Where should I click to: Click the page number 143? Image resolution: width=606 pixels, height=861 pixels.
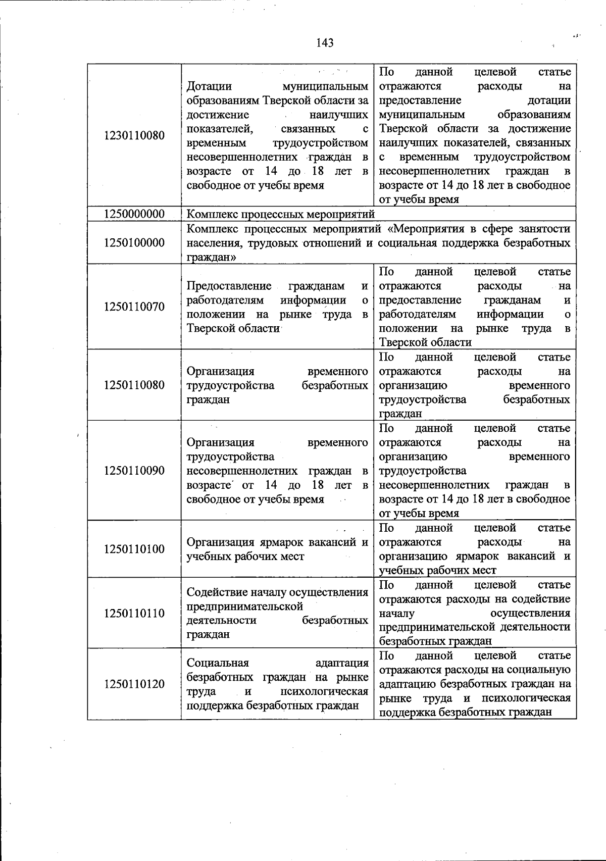(325, 43)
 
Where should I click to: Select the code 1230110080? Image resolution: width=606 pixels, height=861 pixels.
(134, 136)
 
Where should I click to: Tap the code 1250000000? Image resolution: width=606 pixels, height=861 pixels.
(134, 214)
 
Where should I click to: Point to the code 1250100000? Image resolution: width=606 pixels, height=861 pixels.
(134, 243)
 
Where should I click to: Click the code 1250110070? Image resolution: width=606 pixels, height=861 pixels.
(134, 307)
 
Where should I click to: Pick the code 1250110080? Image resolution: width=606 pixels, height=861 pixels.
(134, 385)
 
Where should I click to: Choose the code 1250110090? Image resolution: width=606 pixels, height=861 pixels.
(134, 471)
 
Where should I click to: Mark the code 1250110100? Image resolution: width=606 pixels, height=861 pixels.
(134, 549)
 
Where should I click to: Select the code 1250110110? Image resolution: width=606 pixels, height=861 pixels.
(134, 614)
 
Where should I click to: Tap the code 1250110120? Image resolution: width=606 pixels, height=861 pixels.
(134, 684)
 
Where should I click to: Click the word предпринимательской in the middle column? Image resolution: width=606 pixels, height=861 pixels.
(244, 606)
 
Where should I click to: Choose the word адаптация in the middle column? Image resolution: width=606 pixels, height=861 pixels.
(341, 663)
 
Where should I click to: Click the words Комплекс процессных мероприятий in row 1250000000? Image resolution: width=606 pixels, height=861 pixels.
(281, 214)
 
